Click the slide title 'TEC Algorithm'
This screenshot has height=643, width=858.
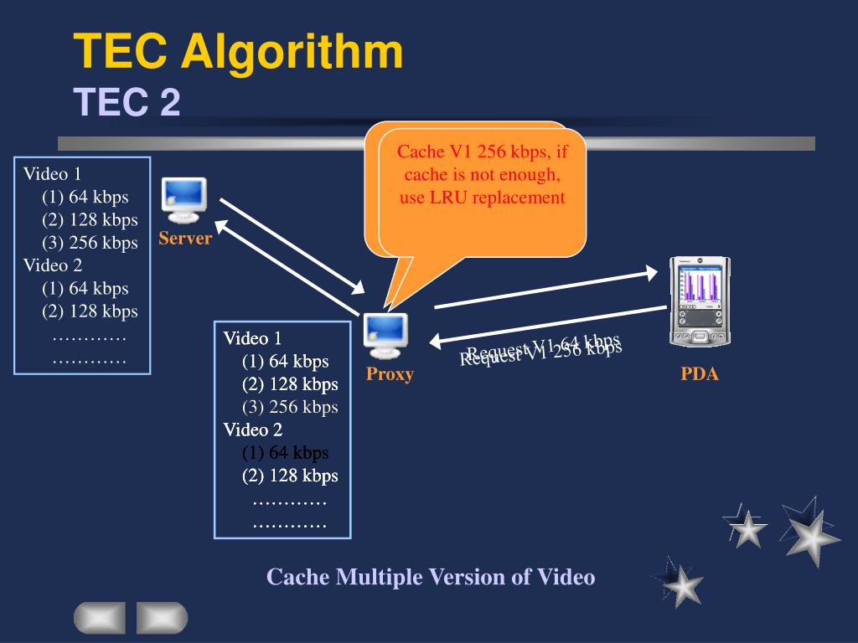pyautogui.click(x=238, y=51)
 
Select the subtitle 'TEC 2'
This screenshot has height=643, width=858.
pyautogui.click(x=127, y=103)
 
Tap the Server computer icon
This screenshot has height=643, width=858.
pyautogui.click(x=184, y=200)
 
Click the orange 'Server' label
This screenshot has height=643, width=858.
pyautogui.click(x=185, y=238)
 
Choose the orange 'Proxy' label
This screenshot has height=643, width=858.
pyautogui.click(x=390, y=373)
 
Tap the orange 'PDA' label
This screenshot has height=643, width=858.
pyautogui.click(x=700, y=374)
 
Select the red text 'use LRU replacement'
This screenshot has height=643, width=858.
pyautogui.click(x=482, y=198)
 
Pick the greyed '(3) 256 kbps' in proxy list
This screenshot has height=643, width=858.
pyautogui.click(x=290, y=407)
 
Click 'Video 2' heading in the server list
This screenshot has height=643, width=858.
pyautogui.click(x=53, y=265)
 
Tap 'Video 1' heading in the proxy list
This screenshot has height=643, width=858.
pyautogui.click(x=252, y=338)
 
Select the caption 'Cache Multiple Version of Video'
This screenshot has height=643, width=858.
pyautogui.click(x=431, y=577)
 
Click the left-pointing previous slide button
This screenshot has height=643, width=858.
pyautogui.click(x=99, y=618)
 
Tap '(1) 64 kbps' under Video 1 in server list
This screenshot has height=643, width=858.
pyautogui.click(x=85, y=197)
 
